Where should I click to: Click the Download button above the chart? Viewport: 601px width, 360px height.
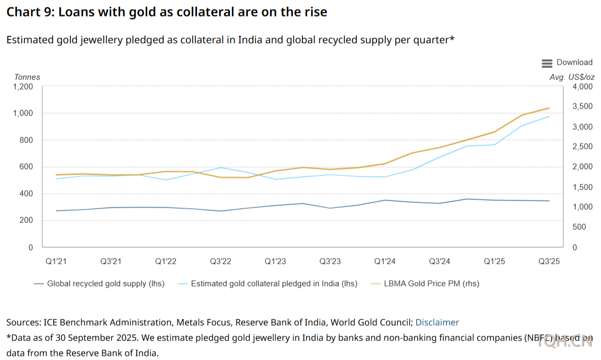point(574,62)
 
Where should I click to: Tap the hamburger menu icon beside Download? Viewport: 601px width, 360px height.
point(547,63)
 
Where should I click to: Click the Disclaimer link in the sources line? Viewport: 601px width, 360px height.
point(437,322)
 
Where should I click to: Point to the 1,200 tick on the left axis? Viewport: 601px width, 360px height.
point(23,86)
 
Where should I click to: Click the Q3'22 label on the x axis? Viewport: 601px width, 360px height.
point(220,262)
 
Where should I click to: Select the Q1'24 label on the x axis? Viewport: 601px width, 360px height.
point(385,262)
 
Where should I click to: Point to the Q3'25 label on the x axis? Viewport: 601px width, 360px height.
point(549,262)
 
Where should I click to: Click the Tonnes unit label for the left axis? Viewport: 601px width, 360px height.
point(27,77)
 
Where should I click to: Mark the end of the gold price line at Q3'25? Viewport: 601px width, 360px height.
point(549,108)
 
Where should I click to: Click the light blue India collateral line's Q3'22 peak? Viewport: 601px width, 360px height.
point(220,167)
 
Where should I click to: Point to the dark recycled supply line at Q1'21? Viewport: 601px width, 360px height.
point(56,211)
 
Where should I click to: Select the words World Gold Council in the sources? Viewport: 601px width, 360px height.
point(378,322)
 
